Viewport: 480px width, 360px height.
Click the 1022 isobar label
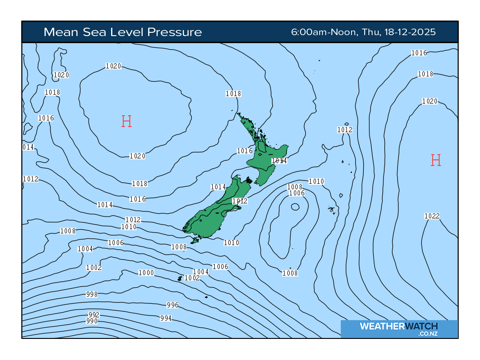point(432,216)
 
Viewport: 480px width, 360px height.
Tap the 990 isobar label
point(92,321)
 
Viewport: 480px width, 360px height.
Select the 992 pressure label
point(94,315)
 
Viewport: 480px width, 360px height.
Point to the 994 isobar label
point(166,318)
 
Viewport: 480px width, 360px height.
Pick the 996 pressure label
point(172,305)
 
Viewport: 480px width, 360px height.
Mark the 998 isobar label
point(92,294)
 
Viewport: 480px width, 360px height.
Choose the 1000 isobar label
point(146,273)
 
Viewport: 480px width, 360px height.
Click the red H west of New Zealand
point(126,122)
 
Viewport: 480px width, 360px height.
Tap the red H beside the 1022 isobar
point(436,161)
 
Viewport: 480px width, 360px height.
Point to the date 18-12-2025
point(410,32)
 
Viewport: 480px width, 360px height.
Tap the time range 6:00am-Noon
point(323,32)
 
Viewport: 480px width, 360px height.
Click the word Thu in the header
point(369,32)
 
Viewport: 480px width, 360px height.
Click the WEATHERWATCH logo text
point(399,326)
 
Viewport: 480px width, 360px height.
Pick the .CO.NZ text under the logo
point(428,334)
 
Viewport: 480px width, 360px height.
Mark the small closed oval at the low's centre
point(295,207)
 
